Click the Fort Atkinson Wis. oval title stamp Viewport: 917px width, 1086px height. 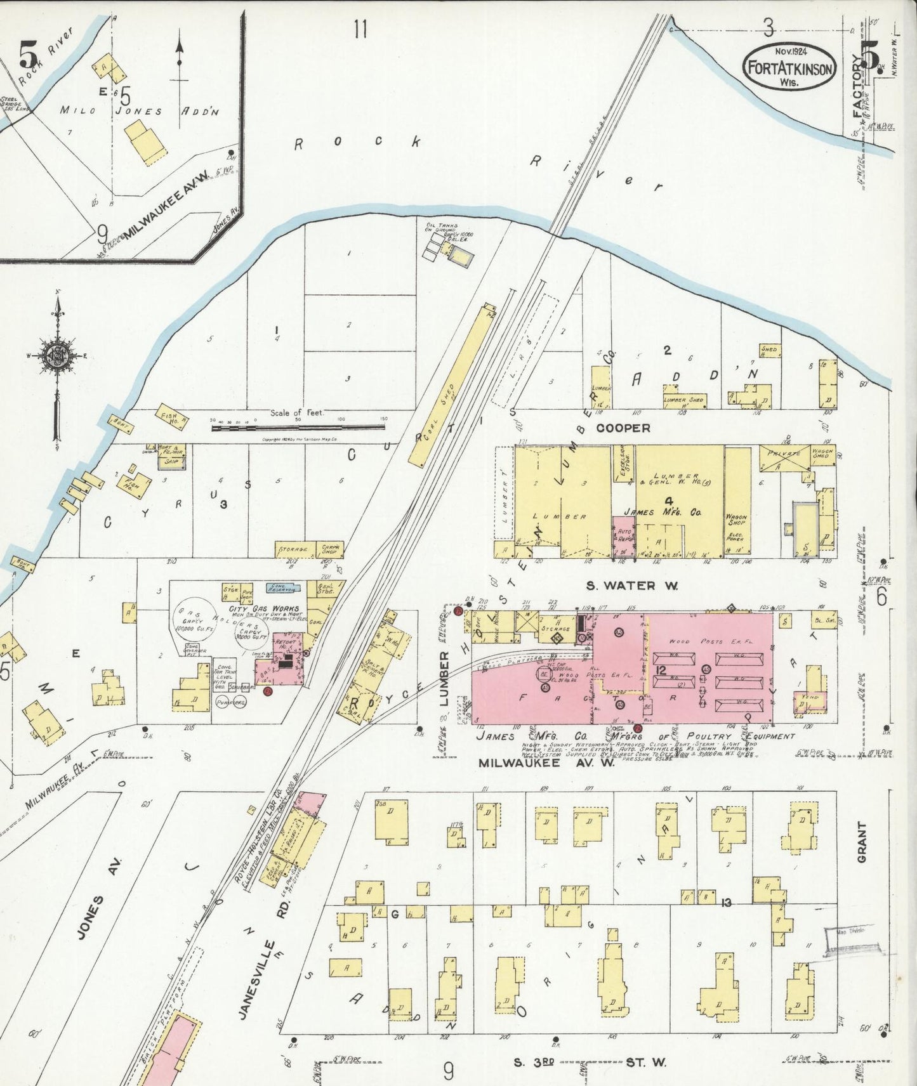[789, 67]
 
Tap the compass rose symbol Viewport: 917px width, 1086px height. [58, 356]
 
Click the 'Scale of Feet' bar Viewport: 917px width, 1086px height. [298, 428]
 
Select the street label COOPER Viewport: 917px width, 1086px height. [623, 428]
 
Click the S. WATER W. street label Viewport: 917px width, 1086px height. [631, 586]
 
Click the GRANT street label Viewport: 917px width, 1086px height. [862, 842]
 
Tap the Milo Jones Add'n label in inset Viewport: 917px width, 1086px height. [140, 110]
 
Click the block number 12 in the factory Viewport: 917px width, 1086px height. [661, 670]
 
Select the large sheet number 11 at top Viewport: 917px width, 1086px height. [360, 29]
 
